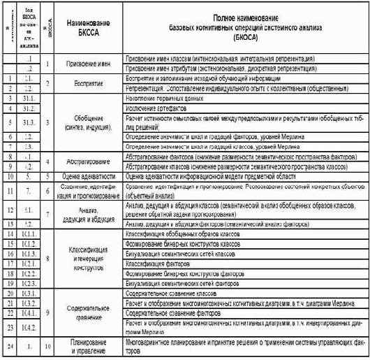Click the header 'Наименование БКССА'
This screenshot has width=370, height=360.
click(x=90, y=29)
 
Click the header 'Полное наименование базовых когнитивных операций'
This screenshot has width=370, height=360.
click(x=243, y=29)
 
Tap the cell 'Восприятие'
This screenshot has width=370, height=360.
click(x=90, y=84)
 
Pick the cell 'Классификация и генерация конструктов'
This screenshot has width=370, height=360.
click(x=90, y=258)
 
